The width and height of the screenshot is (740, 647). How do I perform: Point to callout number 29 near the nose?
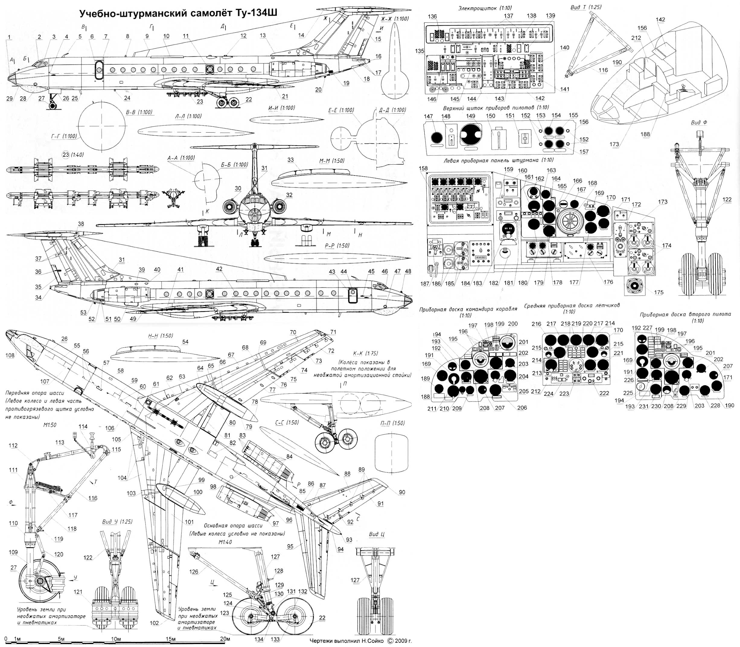[x=9, y=99]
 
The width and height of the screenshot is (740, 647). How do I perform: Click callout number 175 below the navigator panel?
[x=659, y=292]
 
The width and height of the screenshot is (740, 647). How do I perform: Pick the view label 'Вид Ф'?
[x=699, y=122]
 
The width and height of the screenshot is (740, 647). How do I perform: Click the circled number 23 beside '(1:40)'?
[x=66, y=155]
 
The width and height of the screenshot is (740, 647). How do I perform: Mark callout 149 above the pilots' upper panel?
[x=470, y=116]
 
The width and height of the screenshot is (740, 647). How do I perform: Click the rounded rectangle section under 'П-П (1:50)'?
[x=392, y=456]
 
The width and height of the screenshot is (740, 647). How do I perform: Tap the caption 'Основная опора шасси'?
[x=233, y=526]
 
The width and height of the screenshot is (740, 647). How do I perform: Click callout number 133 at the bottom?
[x=275, y=639]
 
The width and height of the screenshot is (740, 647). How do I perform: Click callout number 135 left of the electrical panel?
[x=420, y=51]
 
